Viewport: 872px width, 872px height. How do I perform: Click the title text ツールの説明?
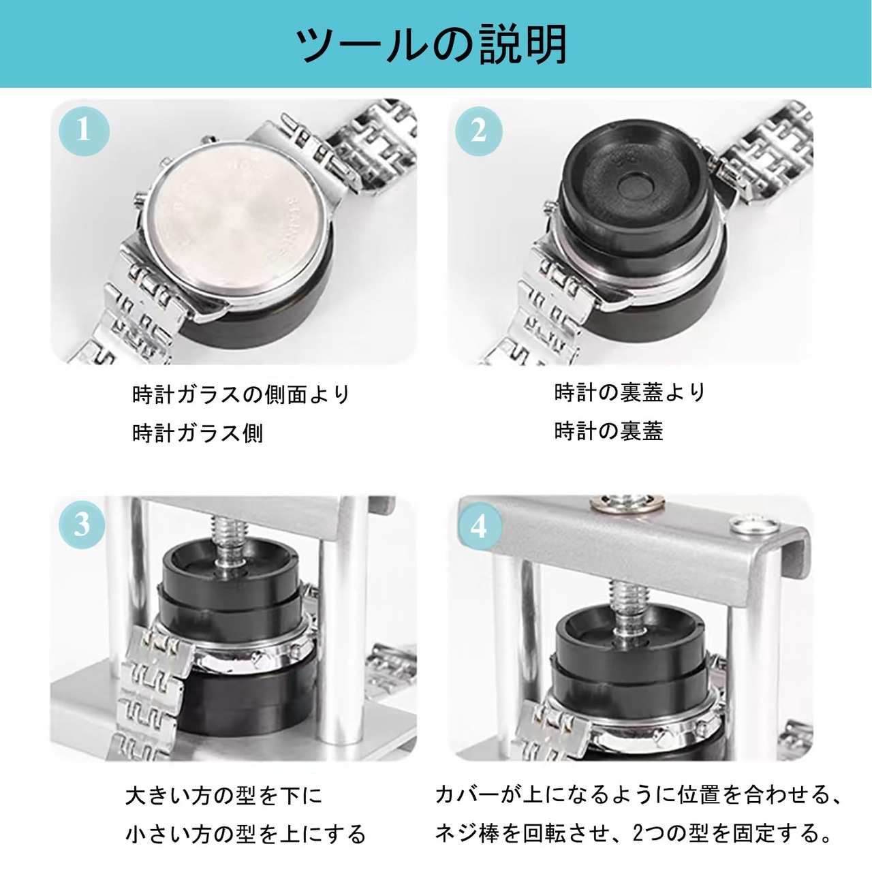[431, 45]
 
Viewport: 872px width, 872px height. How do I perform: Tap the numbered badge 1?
[84, 131]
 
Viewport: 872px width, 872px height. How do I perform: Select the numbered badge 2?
[479, 131]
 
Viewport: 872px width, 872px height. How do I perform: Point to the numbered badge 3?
[82, 525]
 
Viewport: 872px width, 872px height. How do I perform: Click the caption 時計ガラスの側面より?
[241, 394]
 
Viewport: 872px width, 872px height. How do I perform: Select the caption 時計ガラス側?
[198, 433]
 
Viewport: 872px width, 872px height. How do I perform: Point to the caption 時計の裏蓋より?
[630, 392]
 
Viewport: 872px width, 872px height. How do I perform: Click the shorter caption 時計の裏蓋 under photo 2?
[608, 431]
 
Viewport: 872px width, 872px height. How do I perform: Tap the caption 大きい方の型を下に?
[224, 771]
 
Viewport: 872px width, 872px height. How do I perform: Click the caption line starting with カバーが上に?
[638, 769]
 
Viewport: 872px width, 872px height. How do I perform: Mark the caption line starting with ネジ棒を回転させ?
[634, 808]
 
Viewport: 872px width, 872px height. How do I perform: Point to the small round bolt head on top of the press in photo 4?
[753, 524]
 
